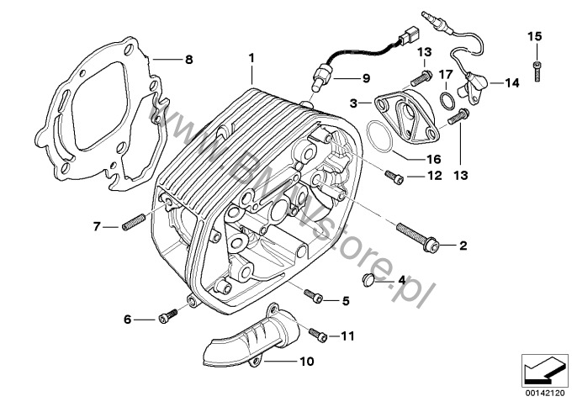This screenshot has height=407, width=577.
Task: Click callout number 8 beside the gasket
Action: pyautogui.click(x=188, y=59)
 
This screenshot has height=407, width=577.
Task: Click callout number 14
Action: pyautogui.click(x=513, y=82)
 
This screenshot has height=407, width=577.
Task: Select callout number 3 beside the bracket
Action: pyautogui.click(x=353, y=102)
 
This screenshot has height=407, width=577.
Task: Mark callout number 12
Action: pyautogui.click(x=435, y=177)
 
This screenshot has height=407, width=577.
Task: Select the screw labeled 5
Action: pyautogui.click(x=315, y=297)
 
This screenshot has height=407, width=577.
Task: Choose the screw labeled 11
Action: pyautogui.click(x=319, y=335)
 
